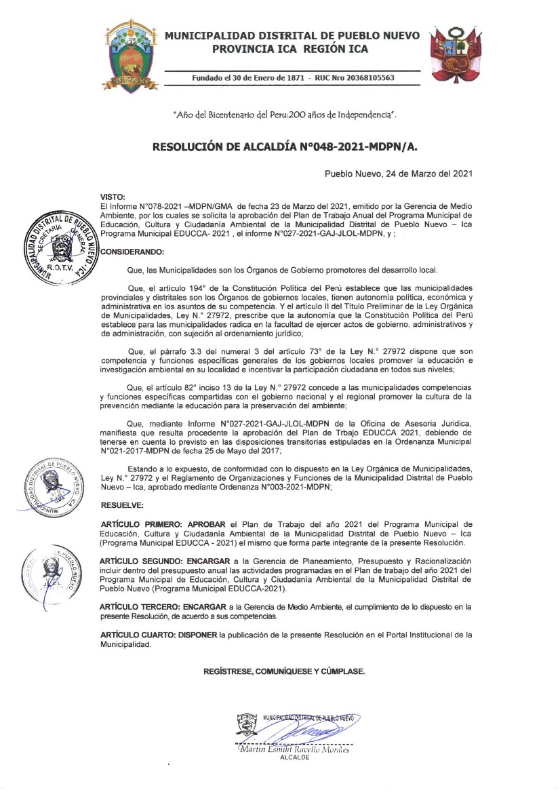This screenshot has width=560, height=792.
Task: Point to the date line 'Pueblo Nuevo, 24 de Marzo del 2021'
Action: point(398,174)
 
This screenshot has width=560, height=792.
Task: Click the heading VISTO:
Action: point(112,196)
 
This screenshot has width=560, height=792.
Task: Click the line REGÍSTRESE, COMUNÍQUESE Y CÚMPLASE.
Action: point(284,671)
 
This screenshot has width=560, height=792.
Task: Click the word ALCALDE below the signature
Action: point(294,758)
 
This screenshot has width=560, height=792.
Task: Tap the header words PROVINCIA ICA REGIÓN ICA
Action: point(290,49)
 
